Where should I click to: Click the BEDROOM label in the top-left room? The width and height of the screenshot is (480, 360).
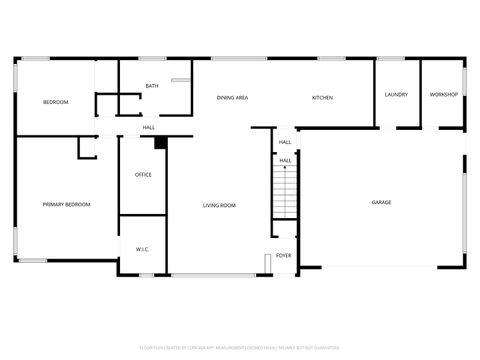(55, 103)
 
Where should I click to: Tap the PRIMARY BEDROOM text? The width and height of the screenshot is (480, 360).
(66, 205)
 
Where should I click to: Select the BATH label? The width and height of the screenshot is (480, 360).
(151, 86)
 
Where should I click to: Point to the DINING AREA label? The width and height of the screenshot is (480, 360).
(233, 98)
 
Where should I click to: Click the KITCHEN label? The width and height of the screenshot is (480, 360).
(322, 98)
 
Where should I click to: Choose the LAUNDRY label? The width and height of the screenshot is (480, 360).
(396, 95)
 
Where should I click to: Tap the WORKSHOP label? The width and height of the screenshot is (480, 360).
(443, 95)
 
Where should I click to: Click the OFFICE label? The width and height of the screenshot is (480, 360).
(143, 175)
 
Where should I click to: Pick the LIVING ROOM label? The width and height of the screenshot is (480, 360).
(219, 206)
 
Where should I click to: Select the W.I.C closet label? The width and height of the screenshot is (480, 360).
(142, 249)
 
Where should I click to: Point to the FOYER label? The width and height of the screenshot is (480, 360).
(284, 255)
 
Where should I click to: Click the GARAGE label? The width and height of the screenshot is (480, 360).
(381, 203)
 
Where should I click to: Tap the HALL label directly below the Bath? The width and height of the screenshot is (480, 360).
(148, 128)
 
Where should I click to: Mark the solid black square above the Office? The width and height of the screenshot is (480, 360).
(159, 143)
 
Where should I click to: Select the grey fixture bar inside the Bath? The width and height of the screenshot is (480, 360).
(181, 80)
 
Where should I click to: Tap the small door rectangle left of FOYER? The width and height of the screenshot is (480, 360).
(267, 262)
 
